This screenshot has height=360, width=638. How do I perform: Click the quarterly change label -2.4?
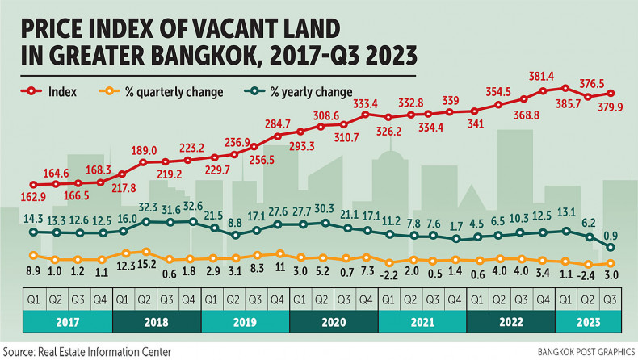pos(590,276)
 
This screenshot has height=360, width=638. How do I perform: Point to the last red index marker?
pos(611,93)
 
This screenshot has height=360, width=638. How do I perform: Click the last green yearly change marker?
pos(611,247)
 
